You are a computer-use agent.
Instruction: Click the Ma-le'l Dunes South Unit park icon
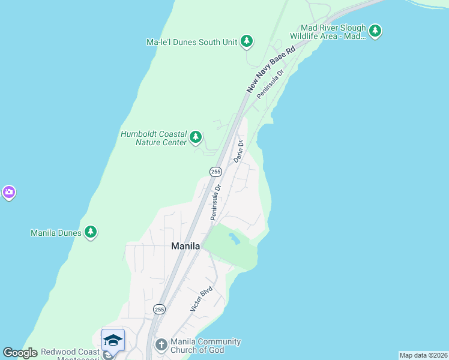coord(246,41)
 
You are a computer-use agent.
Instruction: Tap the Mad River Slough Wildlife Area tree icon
coord(375,31)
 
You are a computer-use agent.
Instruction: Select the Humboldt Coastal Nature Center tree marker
coord(195,137)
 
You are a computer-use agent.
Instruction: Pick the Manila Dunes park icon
coord(90,232)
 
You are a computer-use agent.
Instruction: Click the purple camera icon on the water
coord(8,193)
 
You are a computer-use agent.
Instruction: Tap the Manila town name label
coord(185,245)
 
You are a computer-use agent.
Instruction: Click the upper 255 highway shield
coord(215,172)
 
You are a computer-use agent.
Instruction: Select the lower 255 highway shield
coord(158,309)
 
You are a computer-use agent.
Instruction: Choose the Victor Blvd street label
coord(202,298)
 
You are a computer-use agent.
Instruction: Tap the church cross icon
coord(160,345)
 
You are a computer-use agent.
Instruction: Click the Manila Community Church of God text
coord(205,346)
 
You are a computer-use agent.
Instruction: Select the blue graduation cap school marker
coord(113,340)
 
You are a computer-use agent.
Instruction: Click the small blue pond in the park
coord(234,238)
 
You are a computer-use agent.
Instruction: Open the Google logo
coord(20,353)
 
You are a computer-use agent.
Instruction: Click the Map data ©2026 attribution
coord(423,355)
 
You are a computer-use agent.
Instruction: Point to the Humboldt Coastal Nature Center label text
coord(153,138)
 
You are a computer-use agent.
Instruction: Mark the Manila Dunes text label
coord(56,232)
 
